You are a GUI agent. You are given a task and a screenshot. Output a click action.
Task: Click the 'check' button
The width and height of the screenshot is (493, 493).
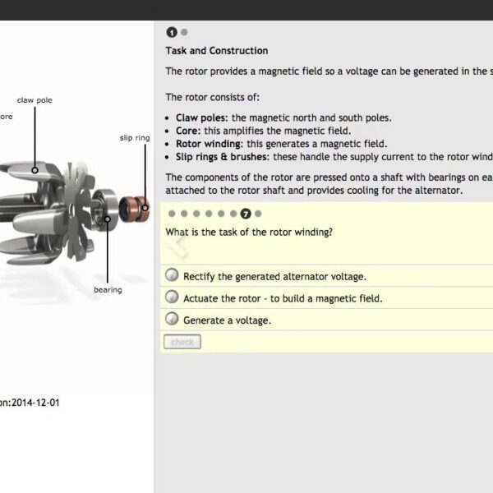(182, 342)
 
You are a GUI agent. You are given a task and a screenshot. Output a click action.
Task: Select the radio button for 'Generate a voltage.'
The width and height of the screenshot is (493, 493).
(172, 319)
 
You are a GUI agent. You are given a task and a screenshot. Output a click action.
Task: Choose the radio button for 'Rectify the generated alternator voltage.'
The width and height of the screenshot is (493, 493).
(172, 275)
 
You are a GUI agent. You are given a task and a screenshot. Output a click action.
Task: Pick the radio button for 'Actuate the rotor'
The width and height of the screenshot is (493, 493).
(172, 297)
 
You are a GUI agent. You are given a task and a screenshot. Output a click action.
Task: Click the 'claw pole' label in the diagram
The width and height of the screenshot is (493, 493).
(35, 100)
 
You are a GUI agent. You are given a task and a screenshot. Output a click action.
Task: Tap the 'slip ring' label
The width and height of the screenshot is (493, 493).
(135, 138)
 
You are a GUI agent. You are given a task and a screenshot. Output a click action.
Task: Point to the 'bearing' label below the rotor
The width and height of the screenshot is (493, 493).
(108, 289)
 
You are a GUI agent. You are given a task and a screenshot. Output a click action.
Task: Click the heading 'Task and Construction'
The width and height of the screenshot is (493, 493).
(216, 51)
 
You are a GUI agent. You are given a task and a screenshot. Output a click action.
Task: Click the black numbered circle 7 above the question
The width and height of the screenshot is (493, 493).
(245, 214)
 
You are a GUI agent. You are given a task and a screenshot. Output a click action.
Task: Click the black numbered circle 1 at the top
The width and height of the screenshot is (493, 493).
(172, 32)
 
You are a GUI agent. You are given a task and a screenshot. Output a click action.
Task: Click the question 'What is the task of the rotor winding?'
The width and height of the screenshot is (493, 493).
(249, 232)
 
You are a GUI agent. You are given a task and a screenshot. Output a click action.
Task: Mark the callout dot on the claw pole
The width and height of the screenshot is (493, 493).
(35, 170)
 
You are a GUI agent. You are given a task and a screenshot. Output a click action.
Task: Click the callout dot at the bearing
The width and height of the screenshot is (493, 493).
(107, 218)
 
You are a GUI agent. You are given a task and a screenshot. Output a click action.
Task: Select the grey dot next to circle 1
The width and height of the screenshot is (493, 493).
(184, 32)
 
